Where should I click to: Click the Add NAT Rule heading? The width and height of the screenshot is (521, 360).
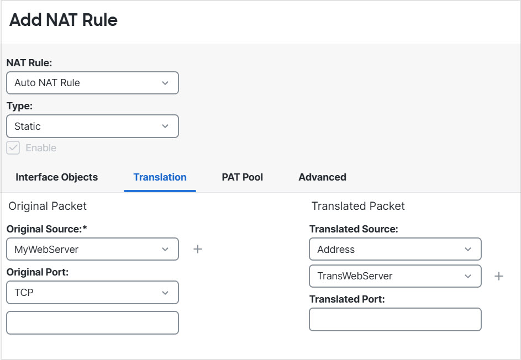tap(64, 20)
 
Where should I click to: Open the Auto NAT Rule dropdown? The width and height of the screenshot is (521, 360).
tap(92, 83)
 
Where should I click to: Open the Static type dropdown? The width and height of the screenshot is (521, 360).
tap(92, 126)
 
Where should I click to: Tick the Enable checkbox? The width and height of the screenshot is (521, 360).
tap(13, 148)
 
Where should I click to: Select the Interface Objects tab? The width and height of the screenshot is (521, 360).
tap(56, 177)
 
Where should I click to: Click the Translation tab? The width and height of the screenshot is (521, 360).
tap(160, 177)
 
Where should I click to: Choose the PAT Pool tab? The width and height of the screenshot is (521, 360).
tap(242, 177)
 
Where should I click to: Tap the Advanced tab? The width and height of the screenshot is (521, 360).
tap(322, 177)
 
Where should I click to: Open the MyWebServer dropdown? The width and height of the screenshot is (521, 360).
tap(92, 250)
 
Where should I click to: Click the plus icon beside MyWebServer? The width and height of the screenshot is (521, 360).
tap(198, 250)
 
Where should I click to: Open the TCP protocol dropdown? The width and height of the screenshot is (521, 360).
tap(92, 293)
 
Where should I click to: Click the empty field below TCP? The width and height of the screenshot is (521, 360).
tap(92, 323)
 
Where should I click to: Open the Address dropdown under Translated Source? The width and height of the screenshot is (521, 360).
tap(395, 250)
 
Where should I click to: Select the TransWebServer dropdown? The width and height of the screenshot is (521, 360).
tap(395, 276)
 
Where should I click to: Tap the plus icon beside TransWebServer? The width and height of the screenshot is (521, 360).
tap(499, 276)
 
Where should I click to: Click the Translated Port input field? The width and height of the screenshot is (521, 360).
tap(395, 320)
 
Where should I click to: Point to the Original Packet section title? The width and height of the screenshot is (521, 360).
tap(48, 206)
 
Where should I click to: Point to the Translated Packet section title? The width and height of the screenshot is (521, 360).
tap(358, 206)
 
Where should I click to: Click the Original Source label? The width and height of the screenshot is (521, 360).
tap(47, 229)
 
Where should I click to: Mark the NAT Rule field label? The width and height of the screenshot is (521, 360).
tap(29, 63)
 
